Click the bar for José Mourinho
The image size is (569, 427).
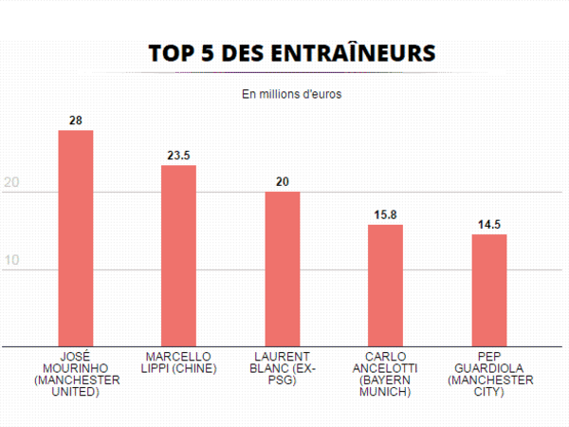point(76,237)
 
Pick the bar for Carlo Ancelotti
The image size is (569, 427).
point(386,285)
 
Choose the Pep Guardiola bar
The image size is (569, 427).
point(489,289)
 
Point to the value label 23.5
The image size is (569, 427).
point(178,154)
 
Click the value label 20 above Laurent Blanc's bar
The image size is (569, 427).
point(283,180)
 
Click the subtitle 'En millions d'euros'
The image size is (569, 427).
point(291,94)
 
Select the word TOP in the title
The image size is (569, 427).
point(171,54)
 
